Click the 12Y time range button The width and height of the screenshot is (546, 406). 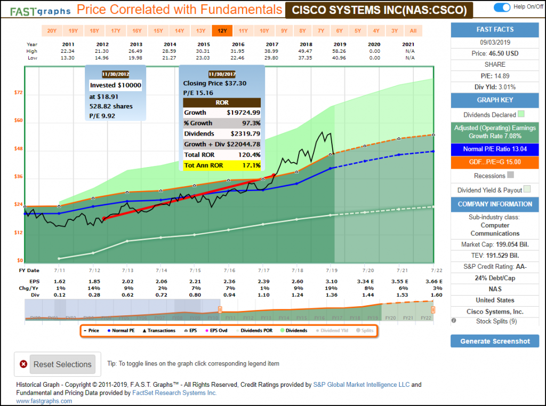pyautogui.click(x=222, y=30)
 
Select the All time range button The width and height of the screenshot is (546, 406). pyautogui.click(x=413, y=30)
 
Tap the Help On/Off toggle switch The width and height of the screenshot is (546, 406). pyautogui.click(x=502, y=7)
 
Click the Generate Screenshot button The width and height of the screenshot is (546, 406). pyautogui.click(x=494, y=341)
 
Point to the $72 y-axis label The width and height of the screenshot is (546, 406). pyautogui.click(x=18, y=92)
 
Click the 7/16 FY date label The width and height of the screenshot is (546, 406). pyautogui.click(x=229, y=270)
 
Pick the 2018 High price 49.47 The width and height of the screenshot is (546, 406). pyautogui.click(x=299, y=52)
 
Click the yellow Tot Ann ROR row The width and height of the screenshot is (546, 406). pyautogui.click(x=222, y=165)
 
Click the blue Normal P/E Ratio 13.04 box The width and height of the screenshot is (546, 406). pyautogui.click(x=495, y=149)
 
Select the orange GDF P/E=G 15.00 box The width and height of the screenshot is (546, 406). pyautogui.click(x=495, y=162)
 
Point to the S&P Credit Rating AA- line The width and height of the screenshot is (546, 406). pyautogui.click(x=495, y=266)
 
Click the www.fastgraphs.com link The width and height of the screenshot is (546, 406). pyautogui.click(x=44, y=401)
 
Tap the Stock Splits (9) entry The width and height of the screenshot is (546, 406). pyautogui.click(x=495, y=321)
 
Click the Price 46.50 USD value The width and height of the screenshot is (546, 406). pyautogui.click(x=495, y=53)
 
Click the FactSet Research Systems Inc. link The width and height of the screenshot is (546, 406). pyautogui.click(x=175, y=393)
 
